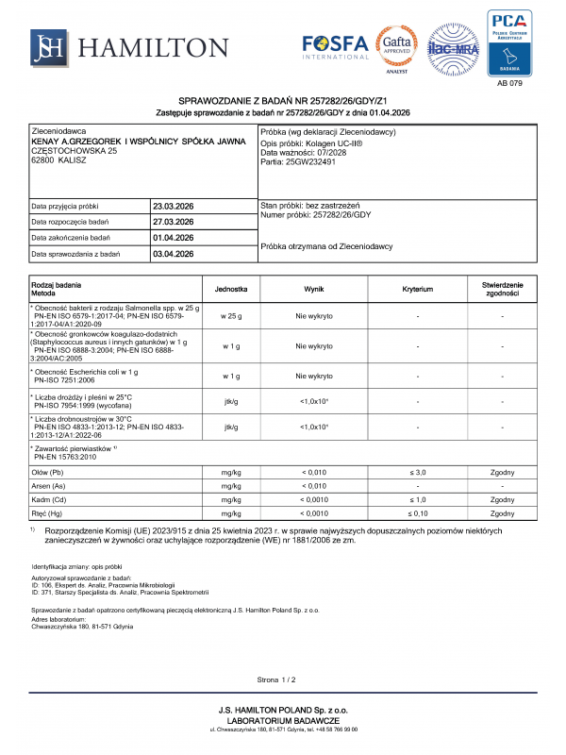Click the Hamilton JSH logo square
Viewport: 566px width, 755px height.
tap(47, 46)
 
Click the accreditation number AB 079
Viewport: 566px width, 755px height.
tap(508, 84)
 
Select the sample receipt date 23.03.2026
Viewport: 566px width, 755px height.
tap(173, 206)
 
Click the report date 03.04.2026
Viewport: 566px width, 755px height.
tap(173, 254)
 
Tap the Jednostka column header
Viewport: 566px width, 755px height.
tap(231, 289)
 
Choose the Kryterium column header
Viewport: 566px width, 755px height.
tap(417, 289)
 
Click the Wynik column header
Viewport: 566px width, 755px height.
tap(314, 289)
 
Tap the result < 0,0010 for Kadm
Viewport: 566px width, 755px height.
tap(314, 499)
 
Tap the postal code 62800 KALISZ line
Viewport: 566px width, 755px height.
tap(59, 160)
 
